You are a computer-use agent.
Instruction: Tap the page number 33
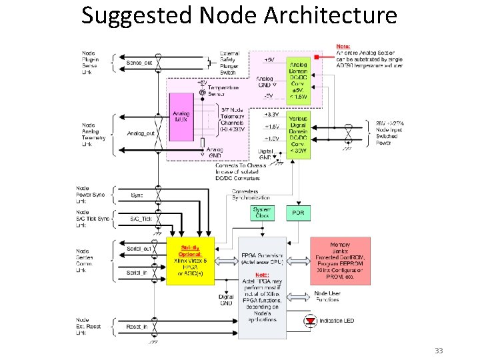point(438,351)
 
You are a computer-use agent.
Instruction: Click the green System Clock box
point(262,213)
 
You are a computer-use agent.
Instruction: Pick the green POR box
point(297,213)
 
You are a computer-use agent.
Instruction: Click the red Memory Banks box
point(340,260)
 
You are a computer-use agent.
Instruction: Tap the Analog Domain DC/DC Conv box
point(297,78)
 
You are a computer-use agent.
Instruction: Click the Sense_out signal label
point(139,63)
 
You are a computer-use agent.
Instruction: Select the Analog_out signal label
point(141,133)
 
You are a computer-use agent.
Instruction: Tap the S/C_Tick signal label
point(141,219)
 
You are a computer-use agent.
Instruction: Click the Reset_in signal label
point(137,327)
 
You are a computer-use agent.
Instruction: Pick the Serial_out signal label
point(139,249)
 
